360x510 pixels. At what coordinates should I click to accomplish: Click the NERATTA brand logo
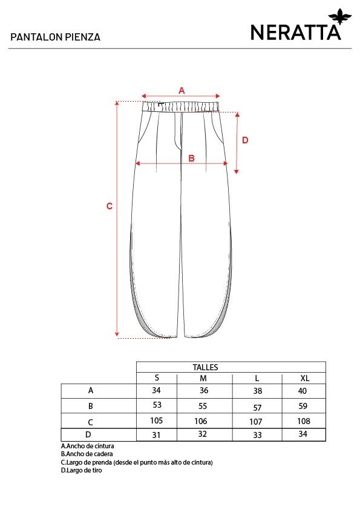301,26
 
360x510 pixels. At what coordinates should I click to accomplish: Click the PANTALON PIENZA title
55,37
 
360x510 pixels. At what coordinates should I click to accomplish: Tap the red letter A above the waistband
182,90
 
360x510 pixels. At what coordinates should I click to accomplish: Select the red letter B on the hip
191,158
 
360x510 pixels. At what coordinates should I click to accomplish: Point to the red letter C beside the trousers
110,206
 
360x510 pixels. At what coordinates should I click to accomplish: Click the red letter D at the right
245,140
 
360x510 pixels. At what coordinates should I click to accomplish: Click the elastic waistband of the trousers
180,106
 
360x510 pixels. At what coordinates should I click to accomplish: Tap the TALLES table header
205,367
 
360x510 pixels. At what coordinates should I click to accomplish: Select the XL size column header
305,378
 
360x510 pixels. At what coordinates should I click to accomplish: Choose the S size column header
157,378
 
